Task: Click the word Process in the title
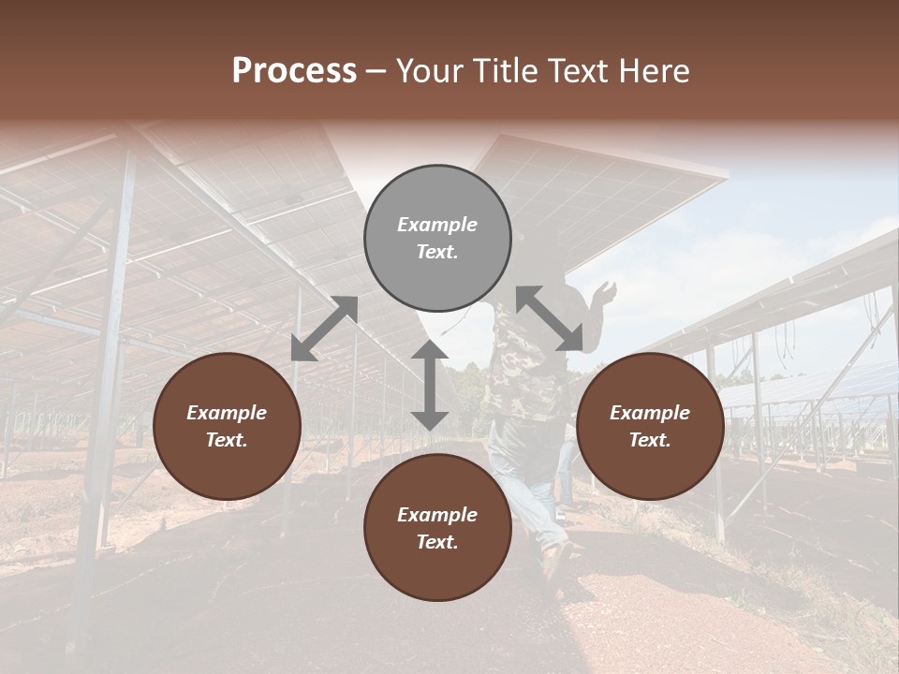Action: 294,71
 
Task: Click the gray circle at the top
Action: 437,238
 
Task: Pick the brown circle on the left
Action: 227,426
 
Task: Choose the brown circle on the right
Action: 650,426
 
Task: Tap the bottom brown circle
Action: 437,528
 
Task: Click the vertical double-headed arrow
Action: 430,385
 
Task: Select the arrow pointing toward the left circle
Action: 324,329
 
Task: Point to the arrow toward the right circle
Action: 550,318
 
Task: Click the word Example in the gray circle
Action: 437,225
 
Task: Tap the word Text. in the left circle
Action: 227,440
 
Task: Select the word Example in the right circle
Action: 650,413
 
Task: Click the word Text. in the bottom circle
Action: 437,542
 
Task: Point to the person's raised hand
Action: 608,290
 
